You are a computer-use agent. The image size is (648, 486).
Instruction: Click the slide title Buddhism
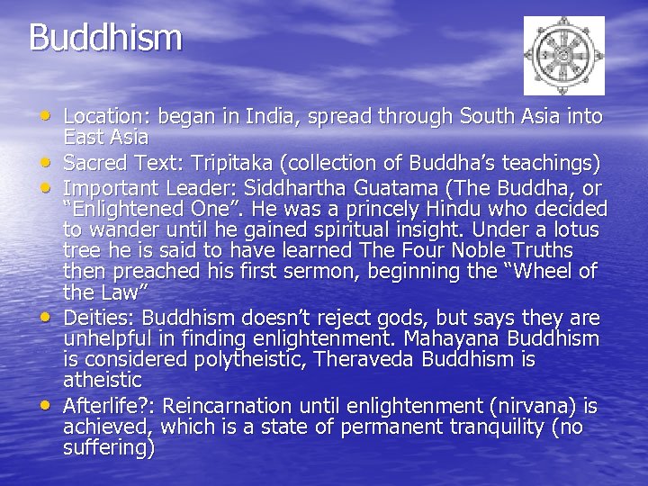coord(105,38)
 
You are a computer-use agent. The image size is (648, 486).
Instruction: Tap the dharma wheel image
coord(564,56)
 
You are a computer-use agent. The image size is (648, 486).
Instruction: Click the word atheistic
coord(102,381)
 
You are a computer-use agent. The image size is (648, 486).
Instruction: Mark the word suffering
coord(105,448)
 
